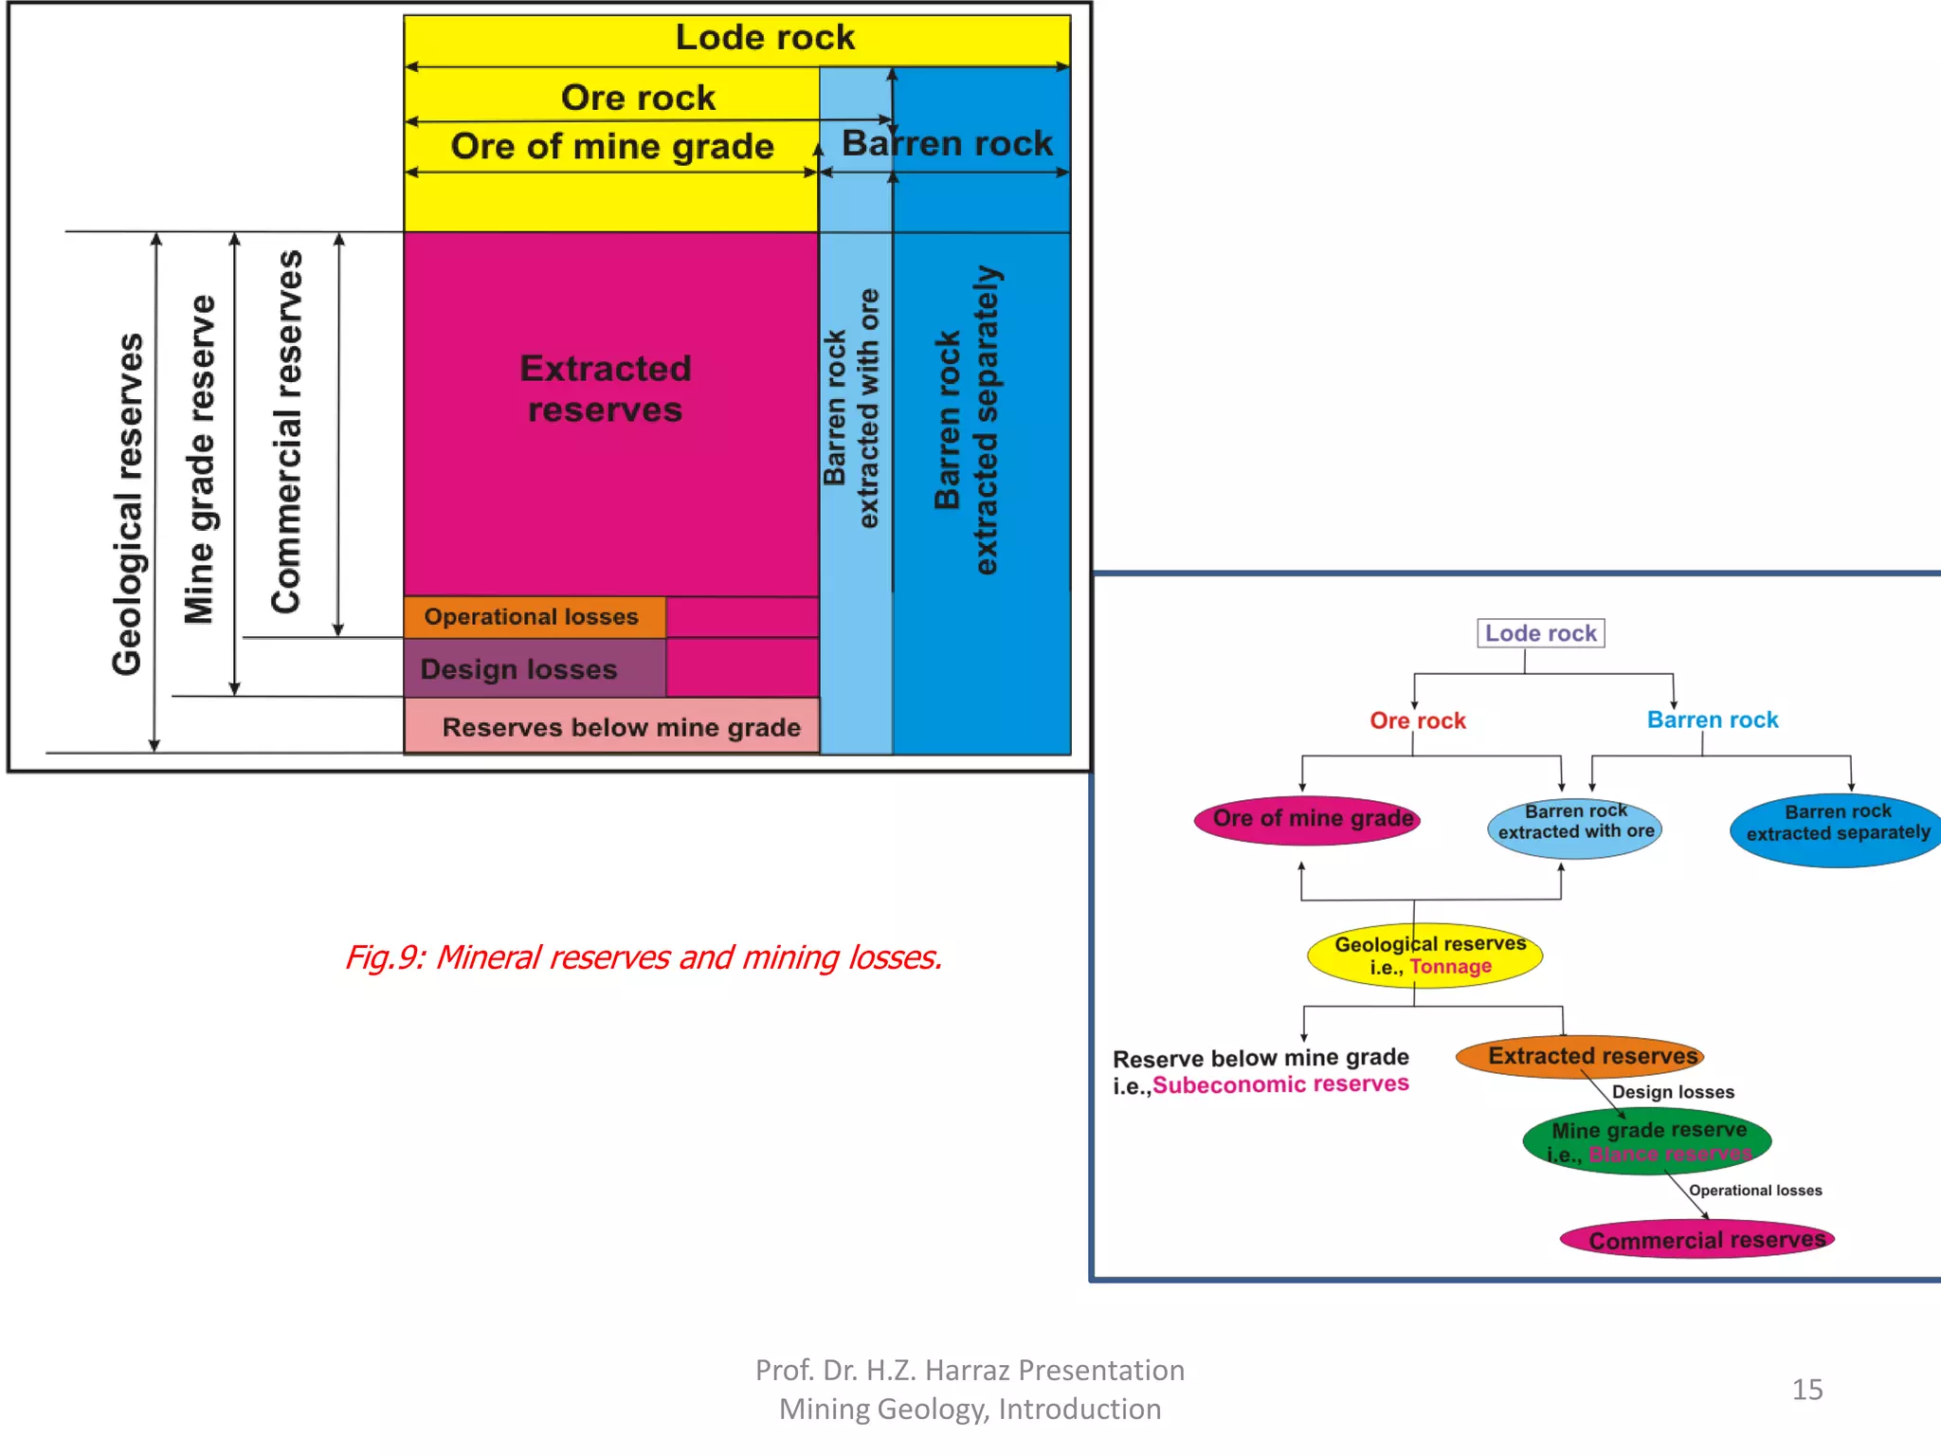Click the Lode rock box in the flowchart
pos(1540,633)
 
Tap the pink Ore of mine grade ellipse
pos(1308,819)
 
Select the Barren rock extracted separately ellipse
pos(1837,828)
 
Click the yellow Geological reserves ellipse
pos(1425,955)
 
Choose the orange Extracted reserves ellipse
pos(1580,1056)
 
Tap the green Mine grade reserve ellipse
pos(1647,1141)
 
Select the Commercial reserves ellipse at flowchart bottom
pos(1697,1240)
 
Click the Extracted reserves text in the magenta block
pos(605,389)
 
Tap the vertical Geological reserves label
pos(128,503)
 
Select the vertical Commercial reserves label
pos(286,431)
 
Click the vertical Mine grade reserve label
pos(200,460)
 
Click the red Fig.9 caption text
pos(644,957)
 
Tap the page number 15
pos(1806,1390)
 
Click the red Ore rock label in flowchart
pos(1417,720)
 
